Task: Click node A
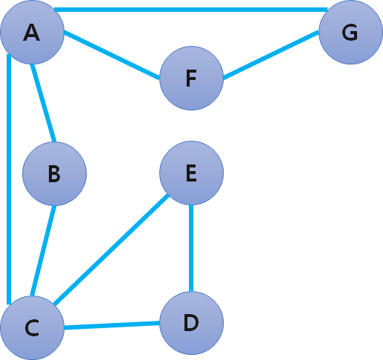[33, 33]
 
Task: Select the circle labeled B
[55, 173]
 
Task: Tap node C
[33, 328]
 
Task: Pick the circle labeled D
[192, 323]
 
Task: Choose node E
[192, 173]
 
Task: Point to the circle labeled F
[192, 79]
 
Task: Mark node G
[350, 33]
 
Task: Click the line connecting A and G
[190, 10]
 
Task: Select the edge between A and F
[112, 55]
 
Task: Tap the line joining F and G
[271, 55]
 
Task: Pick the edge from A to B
[44, 103]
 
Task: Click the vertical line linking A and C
[9, 179]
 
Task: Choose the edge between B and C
[43, 250]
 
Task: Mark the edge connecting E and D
[191, 248]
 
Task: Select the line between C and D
[112, 325]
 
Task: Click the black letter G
[350, 33]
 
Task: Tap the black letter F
[191, 79]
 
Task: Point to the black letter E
[191, 173]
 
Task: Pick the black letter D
[191, 323]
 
